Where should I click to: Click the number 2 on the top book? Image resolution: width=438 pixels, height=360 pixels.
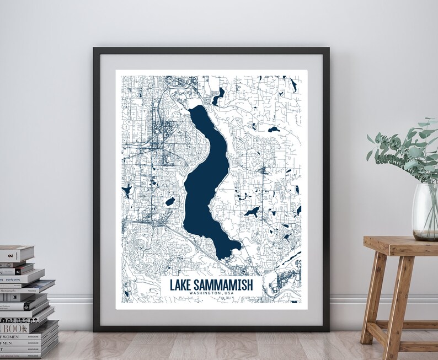click(x=9, y=251)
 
